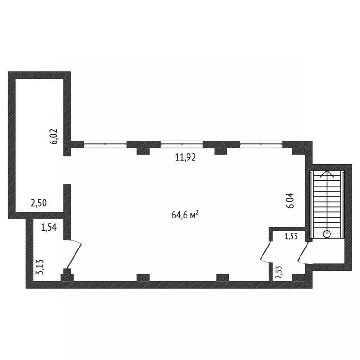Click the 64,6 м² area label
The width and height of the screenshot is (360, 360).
pyautogui.click(x=186, y=215)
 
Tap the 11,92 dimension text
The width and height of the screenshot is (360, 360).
pyautogui.click(x=185, y=157)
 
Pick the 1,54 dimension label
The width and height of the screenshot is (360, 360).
pyautogui.click(x=49, y=228)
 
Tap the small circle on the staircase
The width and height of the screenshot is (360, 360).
pyautogui.click(x=327, y=233)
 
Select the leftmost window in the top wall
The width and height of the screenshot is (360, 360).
pyautogui.click(x=105, y=143)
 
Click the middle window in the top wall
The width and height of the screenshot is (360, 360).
pyautogui.click(x=182, y=143)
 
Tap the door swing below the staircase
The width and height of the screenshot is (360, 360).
pyautogui.click(x=302, y=253)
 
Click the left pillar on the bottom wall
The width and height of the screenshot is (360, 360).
pyautogui.click(x=143, y=277)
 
